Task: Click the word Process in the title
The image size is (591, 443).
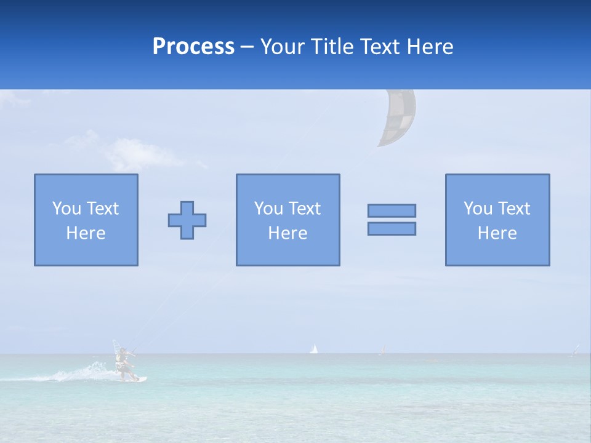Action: point(193,46)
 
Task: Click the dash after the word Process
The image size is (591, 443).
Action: point(247,47)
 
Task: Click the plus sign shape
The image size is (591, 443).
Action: point(187,220)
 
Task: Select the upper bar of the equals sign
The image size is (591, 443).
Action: point(392,210)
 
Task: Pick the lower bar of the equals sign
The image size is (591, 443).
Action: point(392,228)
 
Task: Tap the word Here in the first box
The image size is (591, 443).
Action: point(86,233)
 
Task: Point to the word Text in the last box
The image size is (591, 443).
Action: point(514,209)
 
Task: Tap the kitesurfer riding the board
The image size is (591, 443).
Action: point(124,362)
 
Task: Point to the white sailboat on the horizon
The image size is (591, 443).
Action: point(314,349)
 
